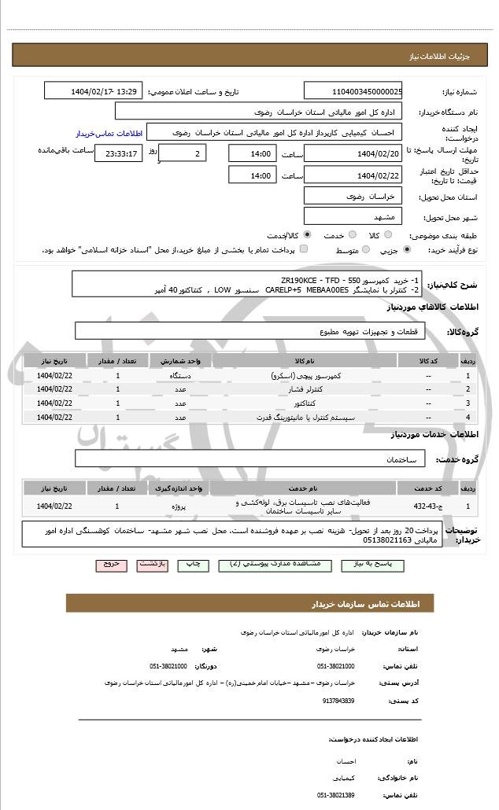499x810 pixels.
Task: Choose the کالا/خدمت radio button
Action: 306,234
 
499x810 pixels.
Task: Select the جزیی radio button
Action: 406,250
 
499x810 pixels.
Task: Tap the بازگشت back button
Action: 151,565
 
